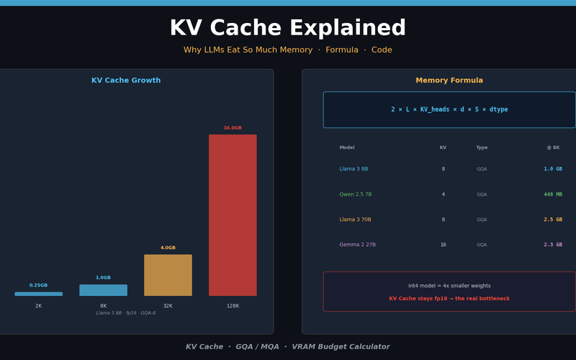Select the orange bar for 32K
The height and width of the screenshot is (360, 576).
(x=168, y=275)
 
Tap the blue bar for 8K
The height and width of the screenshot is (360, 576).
(x=103, y=290)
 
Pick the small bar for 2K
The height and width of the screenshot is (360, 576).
(x=39, y=294)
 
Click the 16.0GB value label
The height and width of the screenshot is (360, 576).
(x=233, y=128)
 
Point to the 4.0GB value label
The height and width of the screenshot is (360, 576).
(x=168, y=248)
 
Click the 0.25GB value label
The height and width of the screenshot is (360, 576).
(x=39, y=285)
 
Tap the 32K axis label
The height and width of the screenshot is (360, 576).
(x=168, y=306)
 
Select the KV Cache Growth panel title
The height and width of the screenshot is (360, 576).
(x=126, y=81)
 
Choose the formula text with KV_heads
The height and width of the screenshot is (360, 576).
(x=449, y=109)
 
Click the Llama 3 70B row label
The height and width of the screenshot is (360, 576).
(x=356, y=220)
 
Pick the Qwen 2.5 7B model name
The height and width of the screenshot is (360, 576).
(x=356, y=194)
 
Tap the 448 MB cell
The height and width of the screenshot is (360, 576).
(x=553, y=194)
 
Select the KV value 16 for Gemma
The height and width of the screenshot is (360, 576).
(x=444, y=245)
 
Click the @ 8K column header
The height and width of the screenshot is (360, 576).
(x=553, y=148)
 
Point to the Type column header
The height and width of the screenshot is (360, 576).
(x=482, y=148)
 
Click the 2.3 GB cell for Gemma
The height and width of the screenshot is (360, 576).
(x=553, y=245)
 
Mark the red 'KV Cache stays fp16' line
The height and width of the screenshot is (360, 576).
(x=449, y=298)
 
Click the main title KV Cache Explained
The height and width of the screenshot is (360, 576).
(x=288, y=29)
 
